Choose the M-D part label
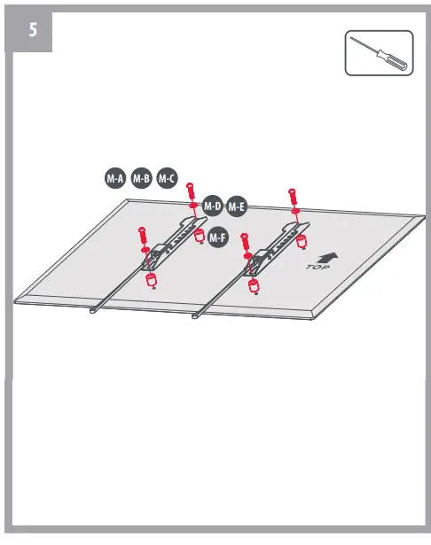[x=212, y=206]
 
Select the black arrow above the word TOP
[x=327, y=254]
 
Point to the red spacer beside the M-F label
[x=200, y=237]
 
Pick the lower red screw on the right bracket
[x=246, y=243]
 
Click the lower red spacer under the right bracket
[x=255, y=285]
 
